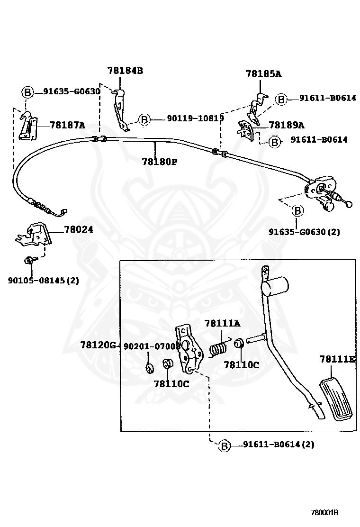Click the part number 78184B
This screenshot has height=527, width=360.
pyautogui.click(x=125, y=71)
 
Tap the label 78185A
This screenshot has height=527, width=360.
pyautogui.click(x=263, y=73)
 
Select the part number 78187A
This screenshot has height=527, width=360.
pyautogui.click(x=67, y=126)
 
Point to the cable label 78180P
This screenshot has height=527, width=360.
pyautogui.click(x=160, y=162)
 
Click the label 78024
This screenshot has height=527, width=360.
pyautogui.click(x=79, y=229)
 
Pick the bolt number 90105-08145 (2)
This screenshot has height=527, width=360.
pyautogui.click(x=44, y=280)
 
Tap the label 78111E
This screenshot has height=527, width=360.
pyautogui.click(x=337, y=359)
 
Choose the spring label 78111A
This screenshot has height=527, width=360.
pyautogui.click(x=222, y=323)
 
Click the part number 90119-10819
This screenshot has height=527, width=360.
pyautogui.click(x=196, y=118)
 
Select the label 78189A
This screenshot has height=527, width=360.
pyautogui.click(x=287, y=126)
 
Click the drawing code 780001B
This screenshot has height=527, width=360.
pyautogui.click(x=324, y=513)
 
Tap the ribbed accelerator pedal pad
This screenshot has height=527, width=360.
pyautogui.click(x=336, y=400)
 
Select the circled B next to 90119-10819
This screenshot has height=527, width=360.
pyautogui.click(x=144, y=119)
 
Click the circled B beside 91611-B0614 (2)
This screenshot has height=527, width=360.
pyautogui.click(x=225, y=445)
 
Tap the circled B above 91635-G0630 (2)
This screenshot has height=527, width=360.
pyautogui.click(x=297, y=211)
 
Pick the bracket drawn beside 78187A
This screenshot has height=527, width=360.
pyautogui.click(x=28, y=126)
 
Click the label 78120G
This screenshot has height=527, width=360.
pyautogui.click(x=98, y=345)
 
